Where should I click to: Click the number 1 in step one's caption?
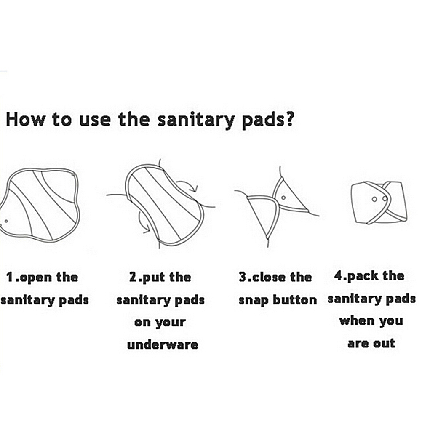pos(10,277)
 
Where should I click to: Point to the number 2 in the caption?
pos(133,277)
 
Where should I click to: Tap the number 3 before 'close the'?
pos(242,277)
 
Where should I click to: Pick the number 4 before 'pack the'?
pos(338,275)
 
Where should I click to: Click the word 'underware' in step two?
pos(163,345)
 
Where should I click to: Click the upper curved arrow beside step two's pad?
pos(188,186)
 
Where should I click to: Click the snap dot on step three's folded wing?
pos(283,198)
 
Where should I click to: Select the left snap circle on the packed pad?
pos(374,199)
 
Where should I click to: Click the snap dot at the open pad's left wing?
pos(6,221)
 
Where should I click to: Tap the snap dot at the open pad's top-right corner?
pos(73,175)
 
